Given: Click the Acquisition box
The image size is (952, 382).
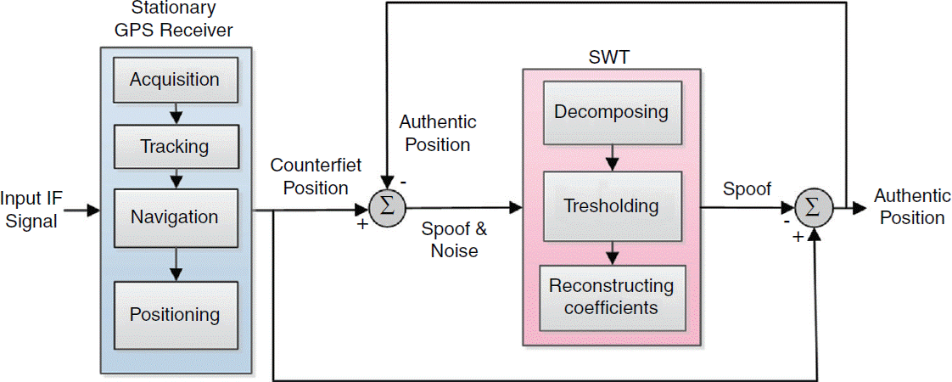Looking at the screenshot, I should pos(174,80).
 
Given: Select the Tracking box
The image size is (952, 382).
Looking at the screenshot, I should pos(174,146).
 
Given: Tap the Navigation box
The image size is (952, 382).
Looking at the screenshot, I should pos(174,216).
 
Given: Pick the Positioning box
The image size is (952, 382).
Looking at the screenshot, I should pos(174,314).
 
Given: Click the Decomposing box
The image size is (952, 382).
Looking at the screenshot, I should pos(611,111).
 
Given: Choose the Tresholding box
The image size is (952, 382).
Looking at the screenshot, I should pos(611,205).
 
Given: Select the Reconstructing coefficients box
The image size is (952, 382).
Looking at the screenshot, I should pos(611,296).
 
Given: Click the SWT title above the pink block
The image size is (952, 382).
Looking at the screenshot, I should pos(610,58).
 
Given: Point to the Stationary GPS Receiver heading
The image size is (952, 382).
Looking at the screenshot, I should pos(176,21).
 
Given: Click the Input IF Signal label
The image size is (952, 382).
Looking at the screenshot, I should pos(30,209).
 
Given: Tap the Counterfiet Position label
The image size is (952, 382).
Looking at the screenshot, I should pos(309,176).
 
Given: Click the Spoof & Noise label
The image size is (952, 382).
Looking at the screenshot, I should pos(455,239).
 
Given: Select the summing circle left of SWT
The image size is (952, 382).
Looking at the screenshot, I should pos(388,206).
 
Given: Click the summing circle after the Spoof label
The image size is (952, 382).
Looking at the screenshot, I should pos(814,207).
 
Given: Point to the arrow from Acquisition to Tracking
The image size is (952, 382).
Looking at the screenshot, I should pos(174,113).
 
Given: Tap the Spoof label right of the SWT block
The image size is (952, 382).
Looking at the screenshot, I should pos(747,189).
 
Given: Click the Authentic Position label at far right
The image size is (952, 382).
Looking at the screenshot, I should pos(912,207).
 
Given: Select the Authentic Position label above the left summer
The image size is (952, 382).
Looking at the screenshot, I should pos(438,133).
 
